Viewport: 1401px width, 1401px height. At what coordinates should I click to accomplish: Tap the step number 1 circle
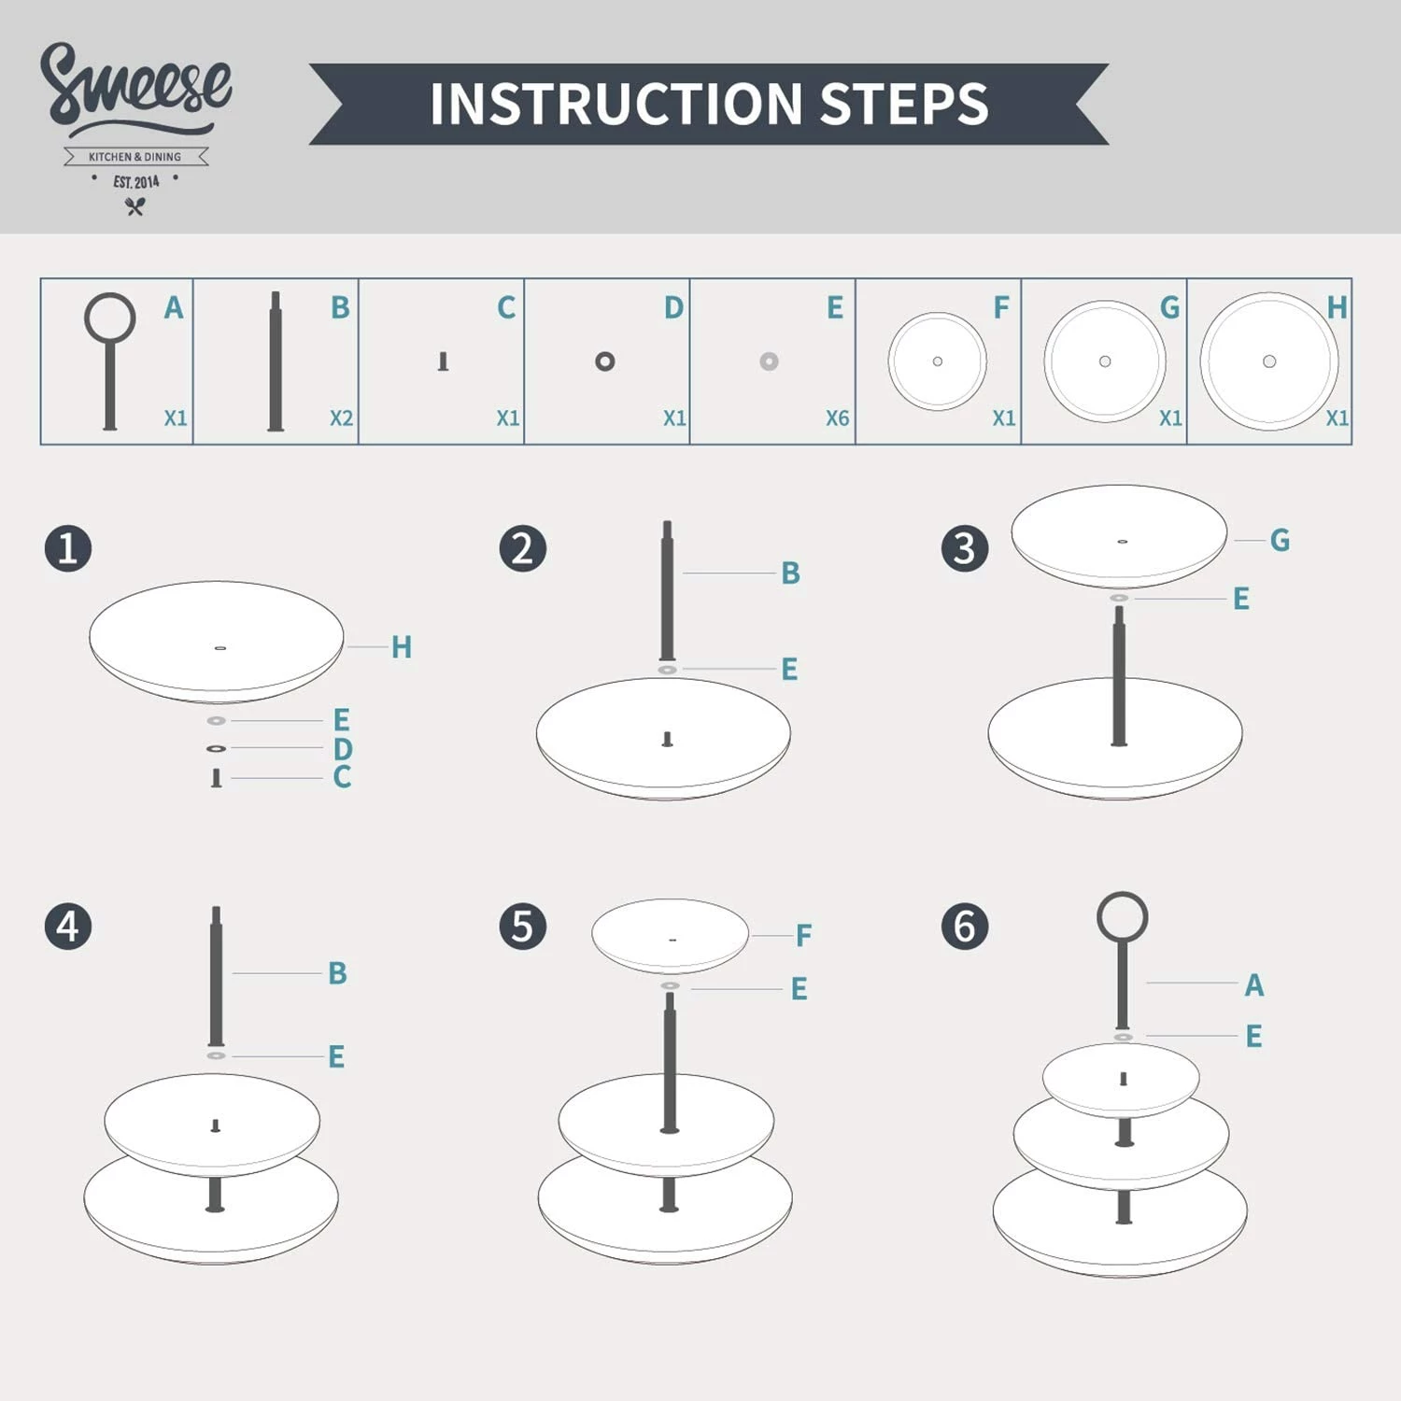point(68,548)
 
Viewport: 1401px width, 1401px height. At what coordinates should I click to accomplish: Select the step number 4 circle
point(68,927)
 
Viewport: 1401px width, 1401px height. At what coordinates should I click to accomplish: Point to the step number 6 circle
point(965,927)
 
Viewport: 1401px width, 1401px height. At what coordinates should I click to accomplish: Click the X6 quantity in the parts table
point(837,418)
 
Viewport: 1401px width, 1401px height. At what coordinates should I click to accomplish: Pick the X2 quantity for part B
point(341,418)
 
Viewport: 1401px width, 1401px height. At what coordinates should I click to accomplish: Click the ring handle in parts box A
point(110,318)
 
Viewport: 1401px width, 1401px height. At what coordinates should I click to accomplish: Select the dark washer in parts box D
point(605,361)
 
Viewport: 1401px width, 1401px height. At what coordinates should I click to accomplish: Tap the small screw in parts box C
point(443,361)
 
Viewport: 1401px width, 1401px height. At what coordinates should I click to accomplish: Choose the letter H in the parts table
point(1337,307)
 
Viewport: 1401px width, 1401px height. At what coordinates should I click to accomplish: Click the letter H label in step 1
point(402,646)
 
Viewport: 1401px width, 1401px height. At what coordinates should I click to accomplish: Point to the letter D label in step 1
point(343,749)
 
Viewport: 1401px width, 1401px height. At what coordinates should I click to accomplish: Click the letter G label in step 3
point(1280,540)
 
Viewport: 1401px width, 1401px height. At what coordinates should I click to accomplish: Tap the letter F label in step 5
point(803,935)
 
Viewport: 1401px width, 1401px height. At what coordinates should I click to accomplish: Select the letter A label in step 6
point(1253,984)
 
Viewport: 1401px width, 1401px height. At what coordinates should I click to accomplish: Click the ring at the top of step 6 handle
point(1122,917)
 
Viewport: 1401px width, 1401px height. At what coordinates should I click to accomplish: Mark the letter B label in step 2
point(790,573)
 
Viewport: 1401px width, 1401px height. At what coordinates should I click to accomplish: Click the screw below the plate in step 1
point(216,778)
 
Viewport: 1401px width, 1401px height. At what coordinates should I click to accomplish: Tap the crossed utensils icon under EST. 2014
point(135,207)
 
